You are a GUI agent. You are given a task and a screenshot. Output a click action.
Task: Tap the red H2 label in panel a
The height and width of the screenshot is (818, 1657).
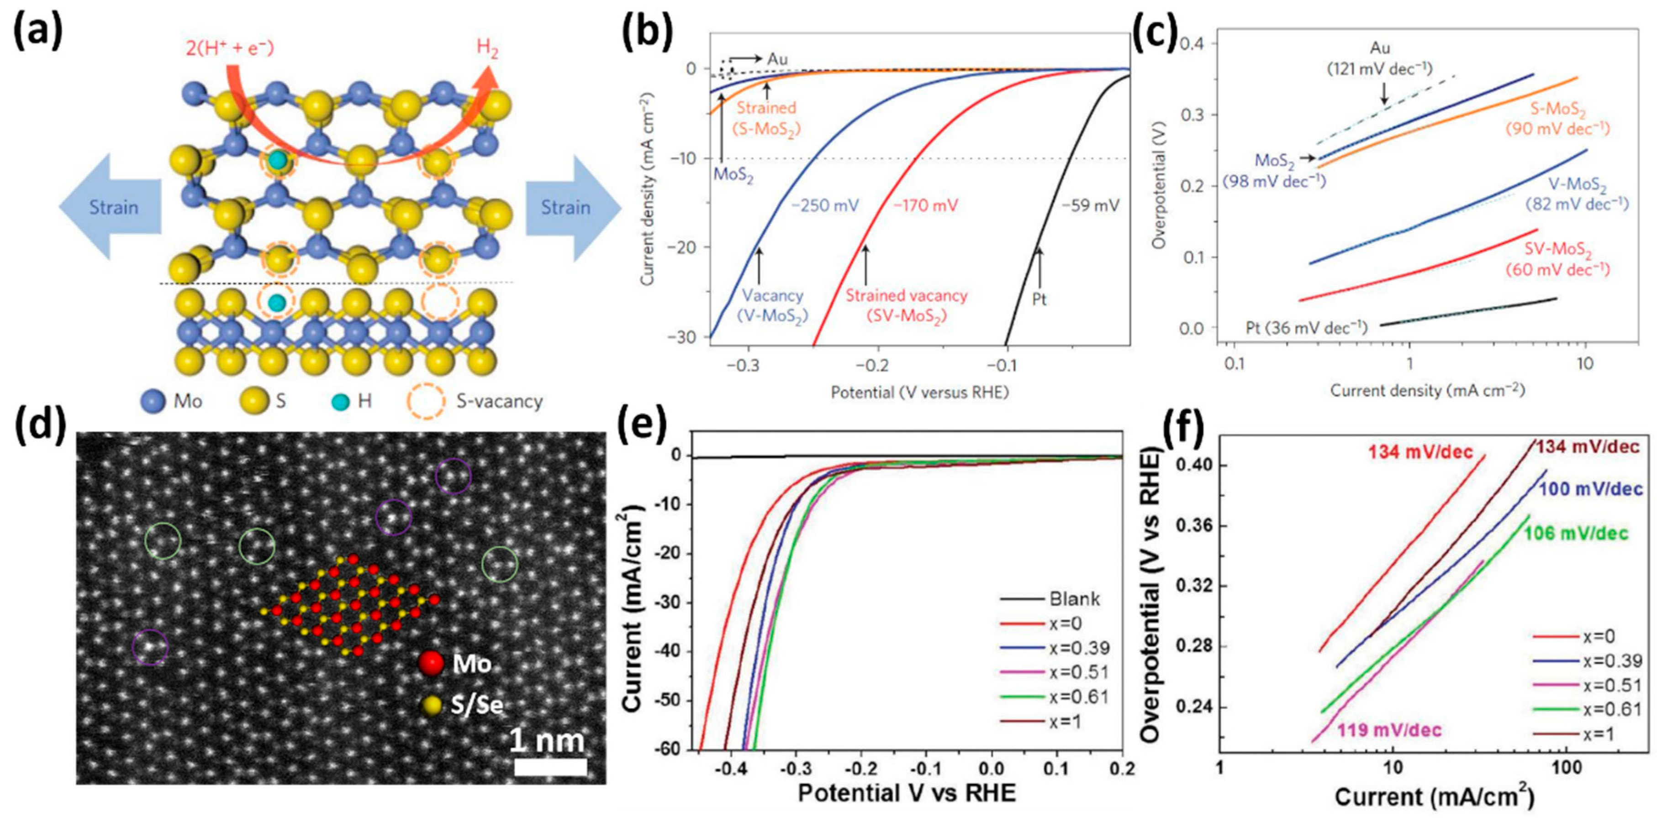(x=487, y=49)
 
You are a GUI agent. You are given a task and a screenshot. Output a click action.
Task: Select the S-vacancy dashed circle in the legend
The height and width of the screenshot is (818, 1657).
(x=425, y=401)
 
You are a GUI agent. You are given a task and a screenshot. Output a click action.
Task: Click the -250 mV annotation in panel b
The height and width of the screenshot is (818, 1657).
(x=825, y=206)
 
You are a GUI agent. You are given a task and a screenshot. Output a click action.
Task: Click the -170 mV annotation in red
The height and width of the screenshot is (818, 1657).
(x=926, y=206)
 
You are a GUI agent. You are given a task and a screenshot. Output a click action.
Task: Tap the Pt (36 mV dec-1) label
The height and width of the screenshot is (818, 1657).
(x=1306, y=328)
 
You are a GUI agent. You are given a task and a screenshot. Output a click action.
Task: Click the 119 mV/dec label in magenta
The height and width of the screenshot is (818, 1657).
(x=1389, y=730)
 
